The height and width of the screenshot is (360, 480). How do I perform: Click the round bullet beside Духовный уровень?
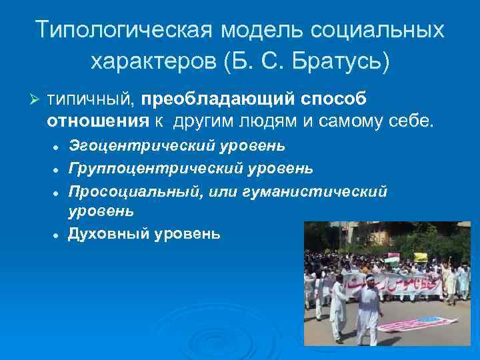(59, 235)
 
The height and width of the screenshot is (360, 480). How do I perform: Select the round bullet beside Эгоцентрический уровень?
(59, 146)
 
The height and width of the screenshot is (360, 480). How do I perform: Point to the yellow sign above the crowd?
(421, 257)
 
